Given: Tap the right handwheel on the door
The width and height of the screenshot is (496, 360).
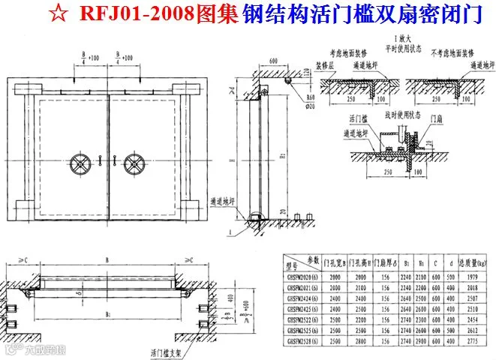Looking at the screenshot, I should tap(135, 163).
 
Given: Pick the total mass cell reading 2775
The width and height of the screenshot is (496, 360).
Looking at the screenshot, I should tap(478, 341).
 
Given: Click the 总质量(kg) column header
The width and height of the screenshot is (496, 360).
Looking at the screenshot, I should tap(478, 262).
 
